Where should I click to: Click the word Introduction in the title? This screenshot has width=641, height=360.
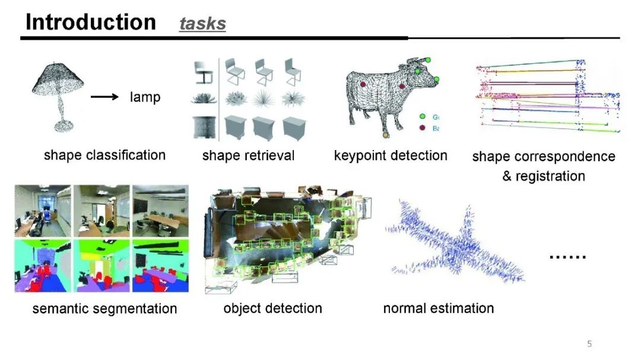click(90, 22)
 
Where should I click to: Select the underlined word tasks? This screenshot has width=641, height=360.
click(202, 24)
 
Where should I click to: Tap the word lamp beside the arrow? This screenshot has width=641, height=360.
click(145, 97)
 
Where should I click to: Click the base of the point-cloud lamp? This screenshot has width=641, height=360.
click(62, 125)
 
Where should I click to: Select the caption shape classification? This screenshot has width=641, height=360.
click(104, 155)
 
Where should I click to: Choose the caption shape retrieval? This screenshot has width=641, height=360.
click(248, 155)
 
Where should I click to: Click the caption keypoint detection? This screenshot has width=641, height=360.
click(390, 155)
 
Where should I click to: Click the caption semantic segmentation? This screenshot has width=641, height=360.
click(104, 309)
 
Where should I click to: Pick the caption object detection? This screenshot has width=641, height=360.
click(272, 308)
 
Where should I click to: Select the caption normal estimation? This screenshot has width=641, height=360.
click(438, 308)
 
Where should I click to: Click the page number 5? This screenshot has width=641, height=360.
click(589, 344)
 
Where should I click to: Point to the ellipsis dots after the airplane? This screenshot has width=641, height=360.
click(567, 256)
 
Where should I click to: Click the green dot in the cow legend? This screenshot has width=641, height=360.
click(423, 117)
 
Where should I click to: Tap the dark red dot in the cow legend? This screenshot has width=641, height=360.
click(423, 128)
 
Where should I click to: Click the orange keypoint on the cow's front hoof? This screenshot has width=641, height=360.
click(386, 136)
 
